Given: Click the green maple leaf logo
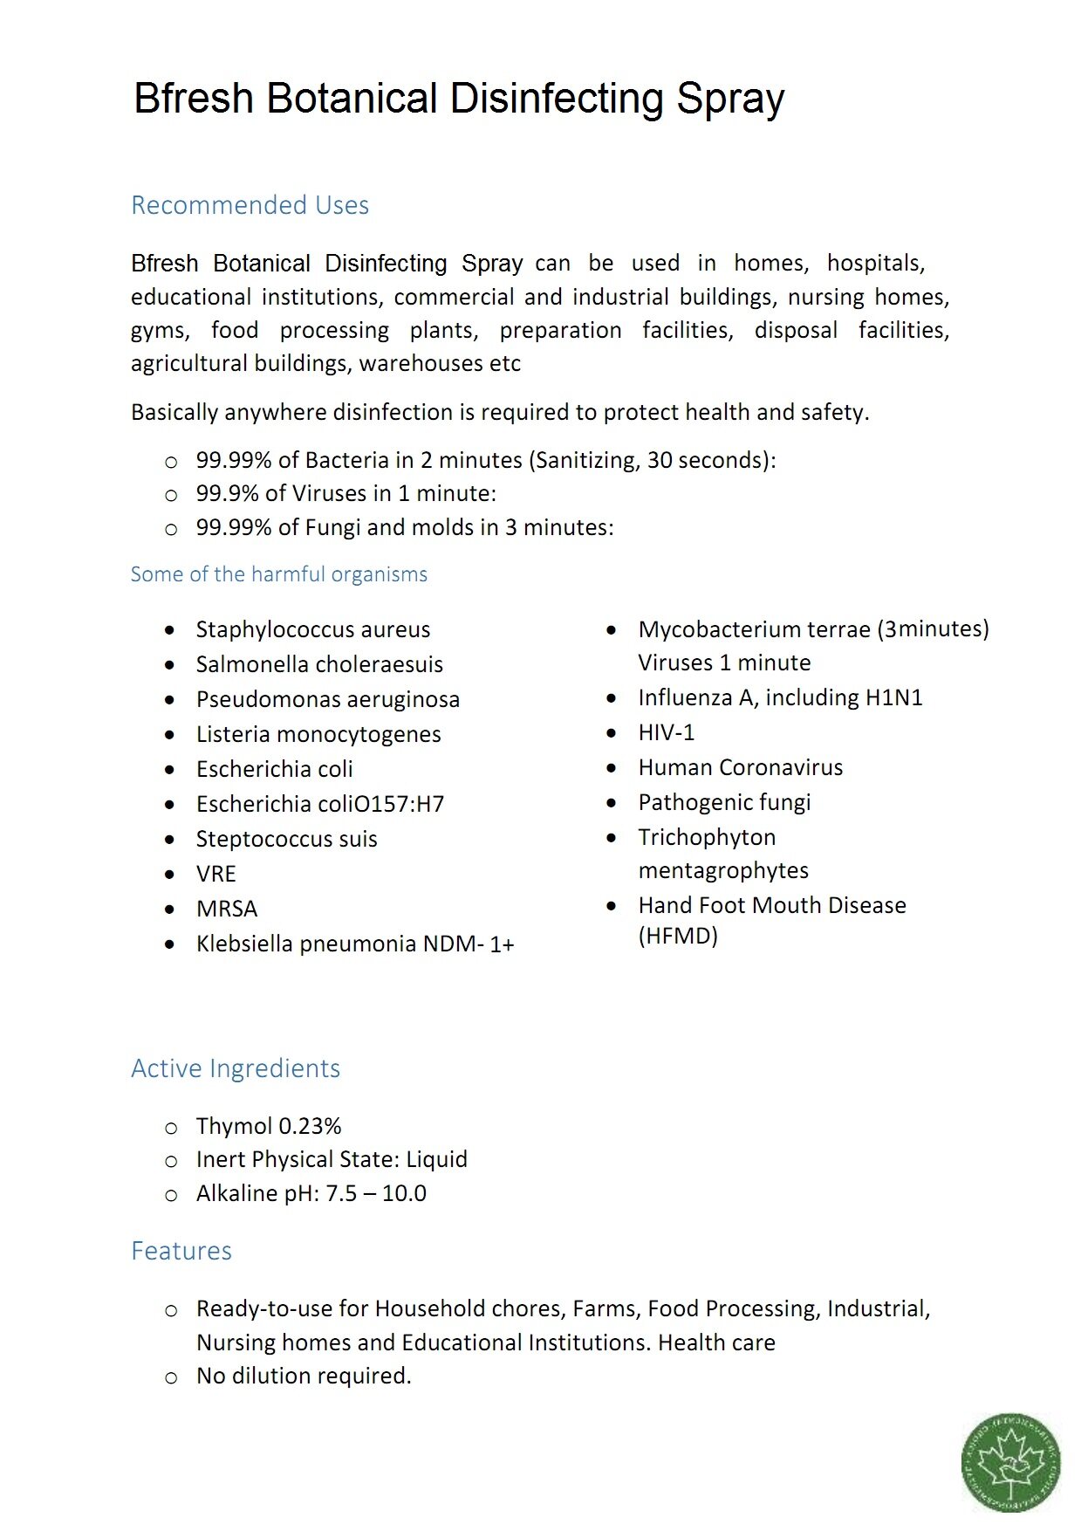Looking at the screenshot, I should (x=1010, y=1462).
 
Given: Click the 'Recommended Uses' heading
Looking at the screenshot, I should (x=250, y=205).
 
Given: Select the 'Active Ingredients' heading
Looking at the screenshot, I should (x=236, y=1068).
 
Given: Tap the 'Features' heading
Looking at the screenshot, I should (x=181, y=1251).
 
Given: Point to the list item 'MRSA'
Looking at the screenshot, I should (x=227, y=909).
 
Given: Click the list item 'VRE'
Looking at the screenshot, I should (x=216, y=874).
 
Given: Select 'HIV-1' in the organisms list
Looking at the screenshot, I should (x=667, y=732).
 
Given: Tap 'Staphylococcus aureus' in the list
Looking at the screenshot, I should (x=313, y=629).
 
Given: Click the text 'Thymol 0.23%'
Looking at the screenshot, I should (x=269, y=1126).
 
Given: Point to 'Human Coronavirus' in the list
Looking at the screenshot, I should (x=741, y=767).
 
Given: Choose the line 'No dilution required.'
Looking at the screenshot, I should (x=304, y=1376).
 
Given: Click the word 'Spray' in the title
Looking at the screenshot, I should (x=730, y=99).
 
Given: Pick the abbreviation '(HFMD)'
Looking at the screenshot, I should (x=678, y=936).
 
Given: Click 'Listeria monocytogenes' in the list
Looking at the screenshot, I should (x=318, y=734).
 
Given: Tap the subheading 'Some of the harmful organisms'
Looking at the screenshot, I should (x=279, y=574).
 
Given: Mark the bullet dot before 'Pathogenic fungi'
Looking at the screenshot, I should (x=612, y=802).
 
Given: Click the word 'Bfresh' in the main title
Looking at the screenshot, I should (x=194, y=99).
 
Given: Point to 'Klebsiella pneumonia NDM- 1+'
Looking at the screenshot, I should (x=355, y=944).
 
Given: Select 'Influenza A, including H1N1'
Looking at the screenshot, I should (x=780, y=697).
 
